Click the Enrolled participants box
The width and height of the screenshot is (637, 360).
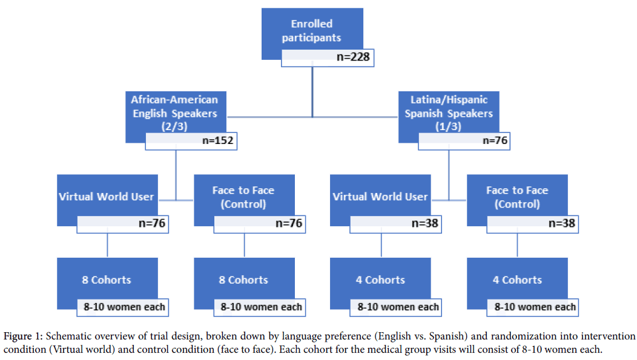[312, 31]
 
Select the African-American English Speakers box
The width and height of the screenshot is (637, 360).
[175, 113]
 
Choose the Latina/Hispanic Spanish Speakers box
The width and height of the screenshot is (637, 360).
[449, 113]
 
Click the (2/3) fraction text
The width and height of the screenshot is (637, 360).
[175, 127]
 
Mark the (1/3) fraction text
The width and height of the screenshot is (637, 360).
[449, 127]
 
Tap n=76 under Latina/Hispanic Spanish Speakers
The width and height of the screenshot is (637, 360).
[494, 141]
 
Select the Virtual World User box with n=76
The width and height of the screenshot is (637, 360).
[107, 196]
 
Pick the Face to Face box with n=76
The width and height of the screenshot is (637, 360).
[243, 197]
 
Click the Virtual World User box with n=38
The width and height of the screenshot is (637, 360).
[380, 196]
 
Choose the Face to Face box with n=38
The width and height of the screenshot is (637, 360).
[517, 197]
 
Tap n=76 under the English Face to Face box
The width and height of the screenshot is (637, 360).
[288, 224]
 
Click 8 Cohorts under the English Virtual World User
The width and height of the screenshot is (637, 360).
[107, 280]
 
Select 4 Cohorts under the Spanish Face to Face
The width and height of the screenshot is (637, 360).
[517, 280]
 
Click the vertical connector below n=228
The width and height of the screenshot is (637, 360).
[312, 91]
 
